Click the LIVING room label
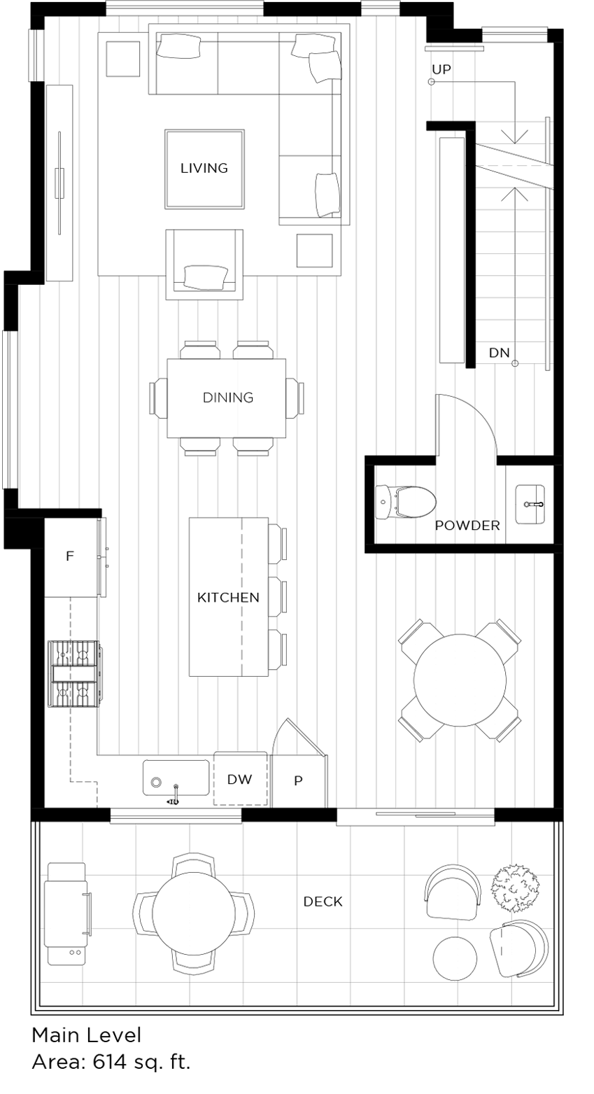click(x=204, y=168)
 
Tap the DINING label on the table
click(x=227, y=398)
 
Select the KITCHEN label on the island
click(x=228, y=597)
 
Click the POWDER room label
click(x=467, y=526)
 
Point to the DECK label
click(x=323, y=902)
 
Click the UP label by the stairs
click(x=441, y=69)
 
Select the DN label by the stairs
click(x=499, y=353)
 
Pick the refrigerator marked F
click(x=70, y=557)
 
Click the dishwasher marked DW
click(x=239, y=779)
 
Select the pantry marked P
click(x=298, y=781)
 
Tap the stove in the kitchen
click(x=73, y=673)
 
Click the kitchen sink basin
click(x=176, y=778)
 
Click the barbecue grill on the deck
click(x=66, y=913)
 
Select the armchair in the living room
click(x=204, y=265)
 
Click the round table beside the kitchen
click(x=460, y=680)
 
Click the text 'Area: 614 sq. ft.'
click(x=111, y=1062)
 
